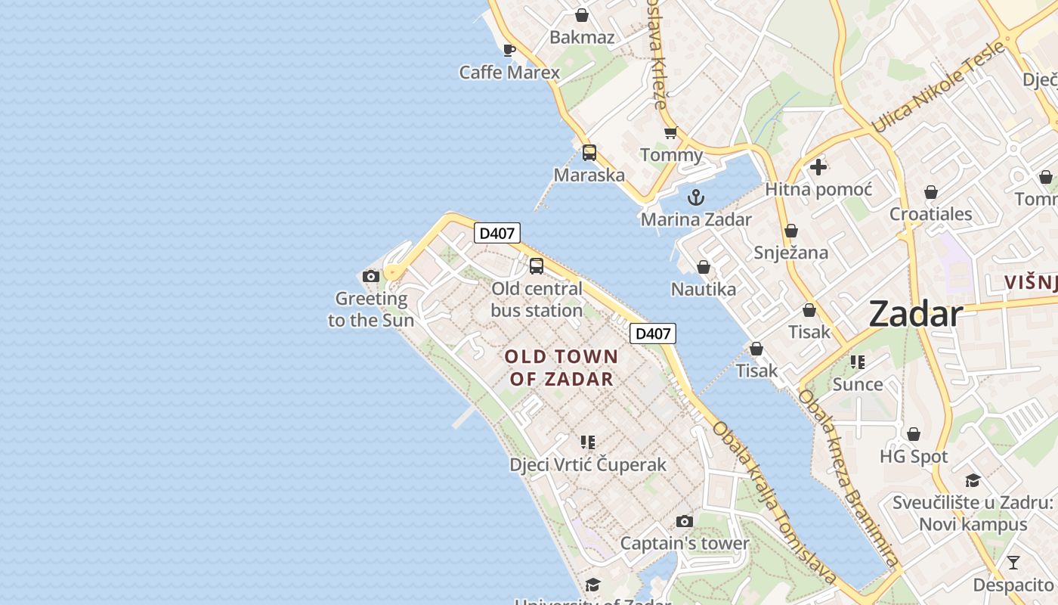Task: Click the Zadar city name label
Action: point(915,314)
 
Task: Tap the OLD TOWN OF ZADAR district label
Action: point(561,368)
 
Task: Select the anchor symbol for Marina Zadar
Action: point(695,198)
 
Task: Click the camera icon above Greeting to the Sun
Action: point(370,276)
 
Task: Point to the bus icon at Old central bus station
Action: point(536,266)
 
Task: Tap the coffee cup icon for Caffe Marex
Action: point(509,51)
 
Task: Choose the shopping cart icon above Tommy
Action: point(670,133)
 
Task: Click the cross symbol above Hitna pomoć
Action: point(818,167)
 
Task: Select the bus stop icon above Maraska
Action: point(589,153)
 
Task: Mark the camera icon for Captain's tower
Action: point(684,521)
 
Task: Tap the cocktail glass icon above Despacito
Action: point(1013,563)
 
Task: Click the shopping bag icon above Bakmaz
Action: point(582,15)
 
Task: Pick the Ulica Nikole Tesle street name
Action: point(939,87)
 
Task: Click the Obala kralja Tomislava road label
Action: point(775,503)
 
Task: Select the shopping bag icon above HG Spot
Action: point(913,434)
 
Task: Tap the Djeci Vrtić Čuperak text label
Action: point(588,464)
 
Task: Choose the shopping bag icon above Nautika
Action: point(703,267)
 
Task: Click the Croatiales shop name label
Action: point(930,214)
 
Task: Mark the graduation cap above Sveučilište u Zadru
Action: point(973,481)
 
